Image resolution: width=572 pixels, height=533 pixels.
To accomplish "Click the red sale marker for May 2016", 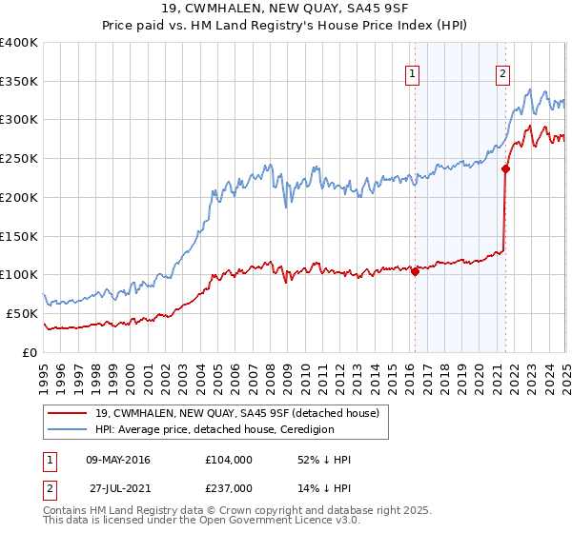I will click(415, 271).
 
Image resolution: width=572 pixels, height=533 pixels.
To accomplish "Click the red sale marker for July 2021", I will click(505, 168).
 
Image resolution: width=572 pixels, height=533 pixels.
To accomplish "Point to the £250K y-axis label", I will click(18, 158).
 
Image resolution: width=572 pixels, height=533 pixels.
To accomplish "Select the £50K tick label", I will click(22, 313).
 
